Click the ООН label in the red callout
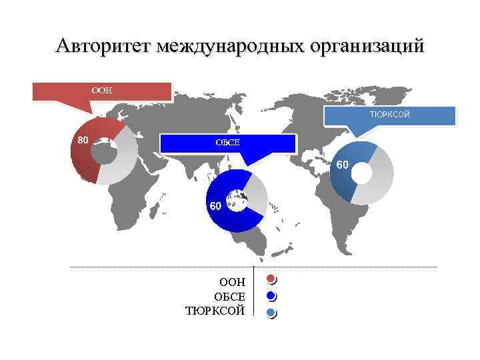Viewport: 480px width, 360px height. coord(102,91)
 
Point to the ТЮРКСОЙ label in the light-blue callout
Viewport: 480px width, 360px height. coord(390,115)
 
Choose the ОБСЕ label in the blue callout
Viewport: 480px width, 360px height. coord(227,143)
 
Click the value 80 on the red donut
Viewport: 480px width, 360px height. coord(83,140)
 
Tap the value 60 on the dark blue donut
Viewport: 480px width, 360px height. coord(215,206)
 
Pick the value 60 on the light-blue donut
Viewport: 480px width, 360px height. coord(341,164)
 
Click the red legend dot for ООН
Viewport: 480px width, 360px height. coord(270,279)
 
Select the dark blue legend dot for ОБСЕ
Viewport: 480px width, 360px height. coord(270,295)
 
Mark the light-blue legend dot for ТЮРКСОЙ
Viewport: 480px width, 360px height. coord(270,312)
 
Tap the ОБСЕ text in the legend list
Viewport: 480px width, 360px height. coord(229,297)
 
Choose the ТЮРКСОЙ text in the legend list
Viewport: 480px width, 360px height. coord(215,311)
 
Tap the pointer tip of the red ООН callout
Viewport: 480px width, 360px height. coord(94,113)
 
